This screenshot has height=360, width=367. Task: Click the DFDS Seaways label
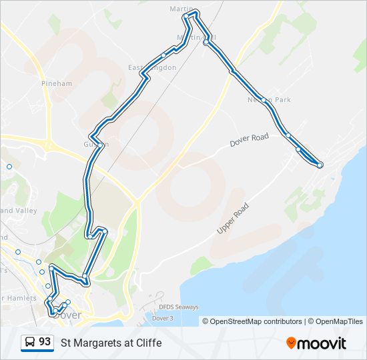tap(178, 307)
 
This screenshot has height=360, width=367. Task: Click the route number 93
tap(45, 342)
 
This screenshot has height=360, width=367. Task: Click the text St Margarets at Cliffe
tap(111, 343)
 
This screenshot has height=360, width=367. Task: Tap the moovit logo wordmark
tap(322, 343)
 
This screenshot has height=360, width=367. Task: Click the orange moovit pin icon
tap(292, 343)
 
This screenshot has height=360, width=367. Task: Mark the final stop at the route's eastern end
tap(320, 165)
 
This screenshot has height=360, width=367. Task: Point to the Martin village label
tap(177, 9)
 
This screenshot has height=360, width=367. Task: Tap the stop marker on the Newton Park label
tap(265, 101)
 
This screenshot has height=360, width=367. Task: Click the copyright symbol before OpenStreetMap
tap(206, 321)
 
